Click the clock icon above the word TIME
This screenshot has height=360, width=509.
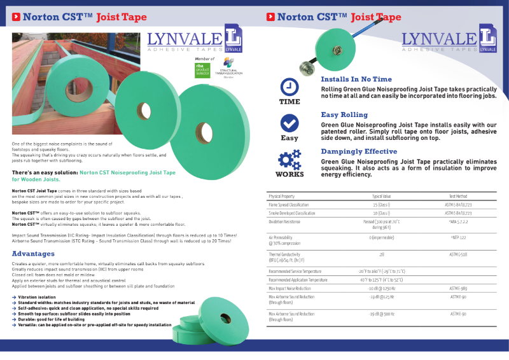289,87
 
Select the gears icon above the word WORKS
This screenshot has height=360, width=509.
289,158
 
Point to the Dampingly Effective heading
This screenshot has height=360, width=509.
359,151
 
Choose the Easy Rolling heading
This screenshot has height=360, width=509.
344,114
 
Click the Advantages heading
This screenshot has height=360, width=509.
33,254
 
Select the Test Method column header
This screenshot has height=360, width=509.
458,197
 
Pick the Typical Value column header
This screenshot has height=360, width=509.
381,197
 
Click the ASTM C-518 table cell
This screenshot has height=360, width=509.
458,254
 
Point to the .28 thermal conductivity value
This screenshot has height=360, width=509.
381,254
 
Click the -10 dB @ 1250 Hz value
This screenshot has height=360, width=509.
381,288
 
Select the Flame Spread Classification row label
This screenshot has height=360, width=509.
293,205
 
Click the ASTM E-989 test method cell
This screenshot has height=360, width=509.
458,288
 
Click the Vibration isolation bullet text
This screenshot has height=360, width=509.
38,296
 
